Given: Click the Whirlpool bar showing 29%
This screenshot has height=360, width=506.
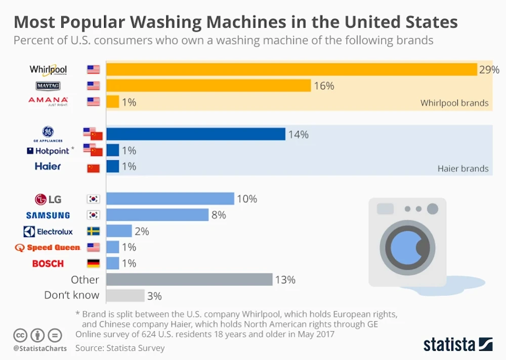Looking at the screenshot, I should [291, 69].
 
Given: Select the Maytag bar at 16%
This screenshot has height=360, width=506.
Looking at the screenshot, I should [208, 85].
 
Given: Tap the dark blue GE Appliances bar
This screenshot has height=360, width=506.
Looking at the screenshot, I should [195, 134].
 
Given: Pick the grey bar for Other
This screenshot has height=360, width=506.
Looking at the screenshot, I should [189, 280].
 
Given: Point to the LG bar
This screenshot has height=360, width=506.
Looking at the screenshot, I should [170, 199].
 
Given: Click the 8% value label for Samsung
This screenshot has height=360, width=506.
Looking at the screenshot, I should [219, 215].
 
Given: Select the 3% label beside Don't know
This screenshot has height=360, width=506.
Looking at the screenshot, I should [154, 296].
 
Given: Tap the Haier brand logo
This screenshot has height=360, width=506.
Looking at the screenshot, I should [48, 166].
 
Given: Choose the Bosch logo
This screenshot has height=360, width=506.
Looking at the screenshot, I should [48, 263].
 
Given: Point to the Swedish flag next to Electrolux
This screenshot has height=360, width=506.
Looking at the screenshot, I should [94, 231].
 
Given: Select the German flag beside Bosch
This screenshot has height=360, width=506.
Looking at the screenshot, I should [94, 263].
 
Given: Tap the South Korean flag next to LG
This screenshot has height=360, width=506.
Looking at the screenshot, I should [94, 199].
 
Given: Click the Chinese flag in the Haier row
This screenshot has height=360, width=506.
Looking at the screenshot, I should [94, 168].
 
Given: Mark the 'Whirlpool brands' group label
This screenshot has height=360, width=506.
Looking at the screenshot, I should [454, 103].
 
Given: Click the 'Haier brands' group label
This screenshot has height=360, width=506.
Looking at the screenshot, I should [463, 168].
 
